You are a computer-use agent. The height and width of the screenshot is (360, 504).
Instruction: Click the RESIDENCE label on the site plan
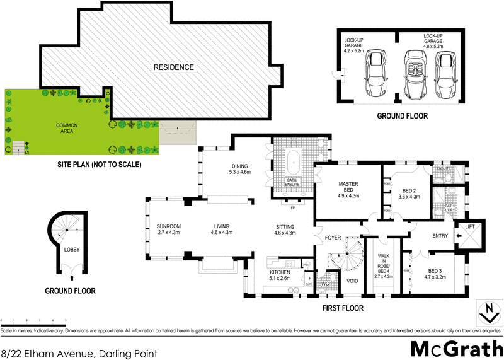point(175,67)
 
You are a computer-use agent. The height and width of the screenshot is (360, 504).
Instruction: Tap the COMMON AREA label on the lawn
point(66,125)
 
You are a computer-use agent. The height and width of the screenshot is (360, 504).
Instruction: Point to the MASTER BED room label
point(348,187)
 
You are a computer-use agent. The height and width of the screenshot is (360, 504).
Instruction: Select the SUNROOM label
point(169,229)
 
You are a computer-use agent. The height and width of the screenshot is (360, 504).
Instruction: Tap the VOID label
point(352,281)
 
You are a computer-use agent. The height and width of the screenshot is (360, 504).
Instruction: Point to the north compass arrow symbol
point(486,311)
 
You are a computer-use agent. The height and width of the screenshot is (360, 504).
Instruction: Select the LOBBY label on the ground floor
point(71,249)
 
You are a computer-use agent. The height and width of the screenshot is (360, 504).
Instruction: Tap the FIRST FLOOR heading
point(343,308)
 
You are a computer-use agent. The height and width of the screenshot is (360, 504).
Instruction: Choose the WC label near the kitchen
point(326,283)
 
